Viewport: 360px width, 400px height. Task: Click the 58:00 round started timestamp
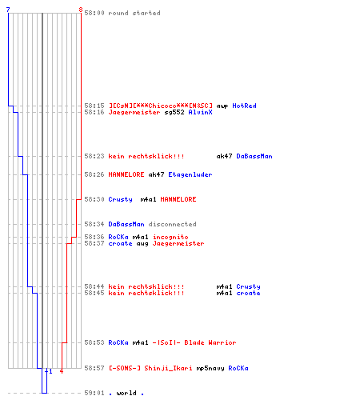94,13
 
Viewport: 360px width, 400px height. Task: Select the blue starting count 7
8,10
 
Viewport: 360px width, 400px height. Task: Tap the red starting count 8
81,10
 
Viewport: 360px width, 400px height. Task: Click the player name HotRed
244,106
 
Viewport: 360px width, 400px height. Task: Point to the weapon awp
222,106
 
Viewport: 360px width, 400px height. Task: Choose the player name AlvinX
200,112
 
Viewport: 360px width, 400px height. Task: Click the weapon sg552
174,113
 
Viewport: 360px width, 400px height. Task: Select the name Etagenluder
190,174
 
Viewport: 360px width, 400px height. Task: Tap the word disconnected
172,224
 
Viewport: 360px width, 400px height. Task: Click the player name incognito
170,237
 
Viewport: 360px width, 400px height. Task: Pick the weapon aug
142,244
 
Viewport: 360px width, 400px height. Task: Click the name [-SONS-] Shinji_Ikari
150,368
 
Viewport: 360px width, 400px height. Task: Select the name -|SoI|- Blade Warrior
194,342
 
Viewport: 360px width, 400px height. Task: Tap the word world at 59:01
126,393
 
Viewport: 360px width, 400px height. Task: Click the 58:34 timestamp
94,224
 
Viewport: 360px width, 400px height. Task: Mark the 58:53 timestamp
94,342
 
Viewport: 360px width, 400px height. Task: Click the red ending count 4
62,371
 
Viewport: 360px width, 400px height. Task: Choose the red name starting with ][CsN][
160,106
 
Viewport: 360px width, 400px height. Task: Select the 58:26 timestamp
94,174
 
